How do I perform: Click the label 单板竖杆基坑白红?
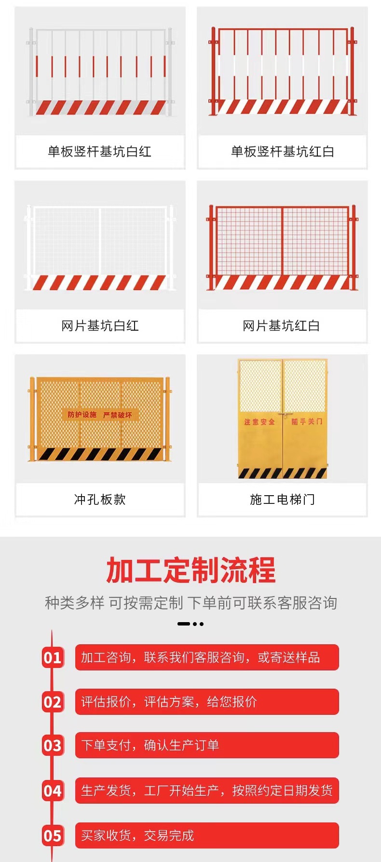(x=99, y=152)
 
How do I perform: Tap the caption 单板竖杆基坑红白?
(x=282, y=152)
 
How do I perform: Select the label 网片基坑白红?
(x=100, y=326)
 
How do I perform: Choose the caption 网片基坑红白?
(x=281, y=326)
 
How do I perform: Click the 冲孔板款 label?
(x=100, y=500)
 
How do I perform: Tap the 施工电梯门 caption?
(x=282, y=500)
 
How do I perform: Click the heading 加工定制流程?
(x=190, y=570)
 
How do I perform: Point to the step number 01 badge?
(x=53, y=657)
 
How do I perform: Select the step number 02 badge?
(x=53, y=702)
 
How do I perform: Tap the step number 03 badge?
(x=53, y=746)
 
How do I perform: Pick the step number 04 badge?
(x=53, y=791)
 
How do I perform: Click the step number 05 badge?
(x=53, y=835)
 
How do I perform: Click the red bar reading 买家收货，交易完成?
(x=207, y=835)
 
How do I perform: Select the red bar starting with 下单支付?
(x=207, y=745)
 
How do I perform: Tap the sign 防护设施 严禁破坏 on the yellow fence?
(x=100, y=415)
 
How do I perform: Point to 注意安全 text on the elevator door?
(x=259, y=422)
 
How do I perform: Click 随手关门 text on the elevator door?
(x=306, y=421)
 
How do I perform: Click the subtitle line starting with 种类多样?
(x=190, y=603)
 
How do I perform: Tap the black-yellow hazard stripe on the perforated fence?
(x=100, y=454)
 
